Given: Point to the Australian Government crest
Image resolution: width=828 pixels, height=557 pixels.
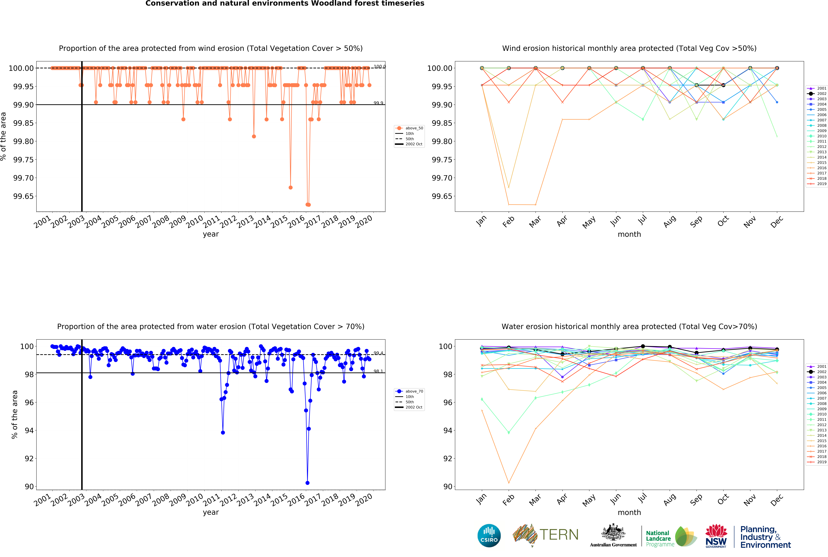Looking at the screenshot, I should (x=613, y=533).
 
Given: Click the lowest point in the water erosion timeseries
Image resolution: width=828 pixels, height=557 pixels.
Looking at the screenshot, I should (x=307, y=483).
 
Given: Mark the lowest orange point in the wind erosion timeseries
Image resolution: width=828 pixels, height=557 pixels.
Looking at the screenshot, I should (x=308, y=205).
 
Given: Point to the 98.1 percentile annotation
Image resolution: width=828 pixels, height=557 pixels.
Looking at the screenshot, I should (x=378, y=371).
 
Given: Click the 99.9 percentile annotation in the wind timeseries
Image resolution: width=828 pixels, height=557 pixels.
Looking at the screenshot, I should (x=378, y=103).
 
